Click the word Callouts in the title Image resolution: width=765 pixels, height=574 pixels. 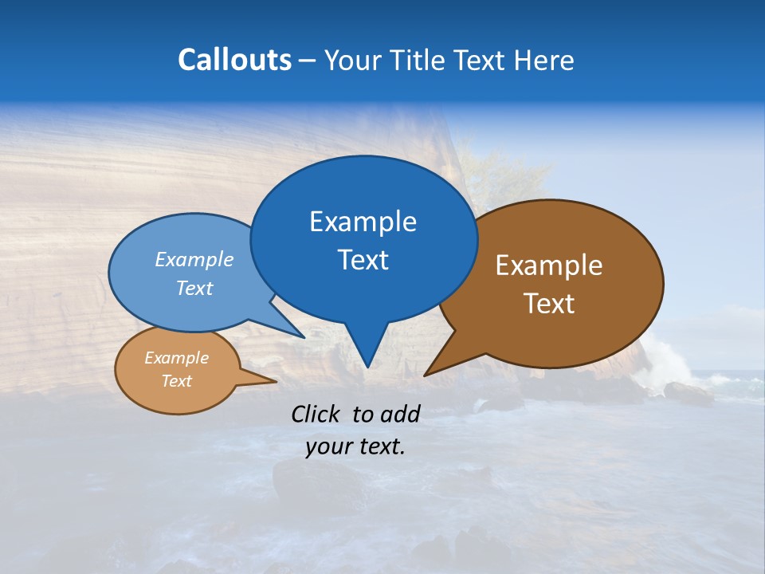(234, 61)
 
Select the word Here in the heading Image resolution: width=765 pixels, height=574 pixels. (543, 61)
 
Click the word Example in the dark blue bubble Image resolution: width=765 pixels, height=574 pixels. (363, 222)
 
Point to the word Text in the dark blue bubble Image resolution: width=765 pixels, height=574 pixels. (363, 260)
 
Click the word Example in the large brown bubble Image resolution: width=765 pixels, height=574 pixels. (549, 265)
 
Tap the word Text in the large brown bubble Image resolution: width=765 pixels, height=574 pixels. (549, 304)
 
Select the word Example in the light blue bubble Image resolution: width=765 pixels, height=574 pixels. (194, 260)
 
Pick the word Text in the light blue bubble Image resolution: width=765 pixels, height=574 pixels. (194, 289)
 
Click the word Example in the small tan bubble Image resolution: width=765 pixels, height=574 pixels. (177, 359)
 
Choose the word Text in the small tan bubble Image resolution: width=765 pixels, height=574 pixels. (177, 381)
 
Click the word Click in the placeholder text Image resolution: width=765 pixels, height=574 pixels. (316, 414)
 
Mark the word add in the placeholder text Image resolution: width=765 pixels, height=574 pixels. (400, 414)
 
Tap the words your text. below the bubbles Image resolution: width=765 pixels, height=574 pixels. (355, 447)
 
